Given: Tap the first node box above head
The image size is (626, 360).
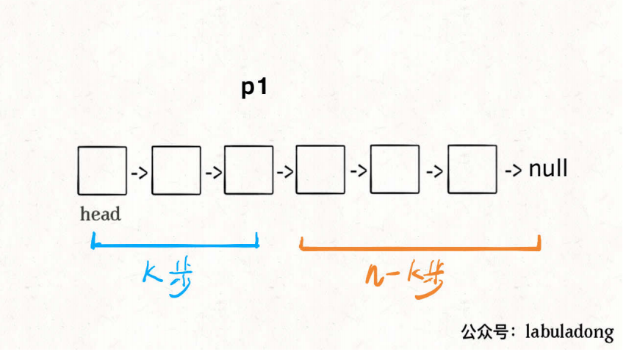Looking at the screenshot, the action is [x=101, y=170].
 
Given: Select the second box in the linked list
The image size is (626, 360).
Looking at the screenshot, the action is [x=176, y=170].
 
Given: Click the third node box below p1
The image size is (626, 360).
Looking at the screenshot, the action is [x=248, y=170].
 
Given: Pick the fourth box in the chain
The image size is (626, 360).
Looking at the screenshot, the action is [x=320, y=170].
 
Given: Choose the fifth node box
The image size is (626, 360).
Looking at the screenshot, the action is [x=395, y=170].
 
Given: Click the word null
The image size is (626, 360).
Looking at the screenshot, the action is [x=548, y=169].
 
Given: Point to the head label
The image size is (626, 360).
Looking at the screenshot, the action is [x=101, y=215].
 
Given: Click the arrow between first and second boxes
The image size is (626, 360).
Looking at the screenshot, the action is [x=138, y=174].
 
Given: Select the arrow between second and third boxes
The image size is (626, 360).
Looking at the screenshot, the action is [x=213, y=174].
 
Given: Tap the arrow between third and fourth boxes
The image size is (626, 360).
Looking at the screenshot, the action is [x=284, y=174].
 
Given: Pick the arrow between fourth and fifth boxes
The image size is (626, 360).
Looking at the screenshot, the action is [x=359, y=173].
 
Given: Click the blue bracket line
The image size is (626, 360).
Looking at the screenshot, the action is [x=175, y=244].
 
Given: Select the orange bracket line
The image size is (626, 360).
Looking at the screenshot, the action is [x=420, y=247].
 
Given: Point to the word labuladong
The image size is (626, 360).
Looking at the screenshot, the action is [x=569, y=332].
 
